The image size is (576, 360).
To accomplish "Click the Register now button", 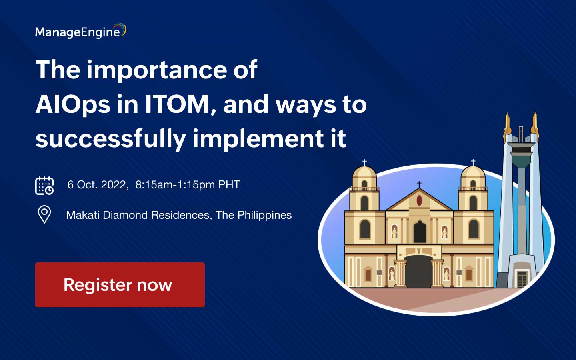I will tap(120, 285).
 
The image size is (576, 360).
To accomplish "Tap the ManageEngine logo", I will tap(80, 32).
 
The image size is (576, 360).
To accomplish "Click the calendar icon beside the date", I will tap(44, 185).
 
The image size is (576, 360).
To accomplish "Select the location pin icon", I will tap(44, 214).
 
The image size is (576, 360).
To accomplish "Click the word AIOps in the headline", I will tap(72, 105).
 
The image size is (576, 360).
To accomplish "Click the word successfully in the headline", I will tap(110, 139).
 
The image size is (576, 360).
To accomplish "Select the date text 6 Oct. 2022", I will tap(97, 185).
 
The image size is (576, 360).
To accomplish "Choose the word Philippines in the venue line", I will tap(264, 215).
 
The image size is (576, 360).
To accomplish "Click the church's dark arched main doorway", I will tap(418, 272).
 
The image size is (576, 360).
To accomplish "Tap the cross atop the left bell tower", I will tap(364, 162).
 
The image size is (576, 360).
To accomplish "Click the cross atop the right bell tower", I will tap(473, 162).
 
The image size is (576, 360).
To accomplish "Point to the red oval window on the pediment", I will tap(419, 200).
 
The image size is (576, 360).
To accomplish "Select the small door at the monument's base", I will tap(522, 278).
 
